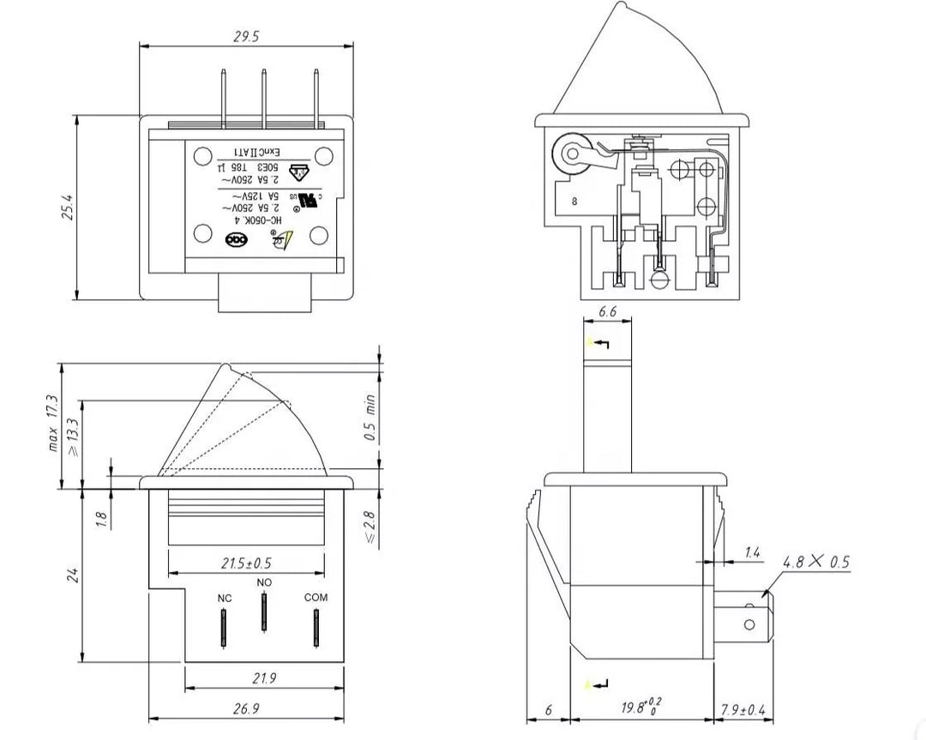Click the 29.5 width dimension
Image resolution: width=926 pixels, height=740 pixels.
coord(245,36)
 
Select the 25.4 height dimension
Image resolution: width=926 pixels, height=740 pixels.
coord(67,207)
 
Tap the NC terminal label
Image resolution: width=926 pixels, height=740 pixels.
coord(225,598)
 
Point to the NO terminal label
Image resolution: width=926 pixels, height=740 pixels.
coord(264,582)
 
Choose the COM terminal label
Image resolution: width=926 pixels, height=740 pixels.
coord(316,598)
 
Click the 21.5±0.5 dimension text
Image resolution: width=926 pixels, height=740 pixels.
coord(246,563)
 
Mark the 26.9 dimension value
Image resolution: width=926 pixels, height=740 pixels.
coord(245,708)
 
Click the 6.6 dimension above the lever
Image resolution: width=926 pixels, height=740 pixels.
coord(607,312)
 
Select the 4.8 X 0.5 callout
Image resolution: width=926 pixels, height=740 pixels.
coord(815,563)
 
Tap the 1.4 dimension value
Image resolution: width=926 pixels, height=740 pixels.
coord(752,553)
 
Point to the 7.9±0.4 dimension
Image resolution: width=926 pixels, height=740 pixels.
coord(743,709)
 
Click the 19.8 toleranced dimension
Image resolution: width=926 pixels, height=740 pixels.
coord(640,707)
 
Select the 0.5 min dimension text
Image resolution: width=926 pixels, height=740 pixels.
coord(370,418)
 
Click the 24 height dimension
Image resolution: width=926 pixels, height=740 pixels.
coord(73,574)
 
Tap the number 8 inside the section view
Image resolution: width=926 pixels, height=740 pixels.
coord(574,202)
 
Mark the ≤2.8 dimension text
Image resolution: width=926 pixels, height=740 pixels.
coord(370,525)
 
